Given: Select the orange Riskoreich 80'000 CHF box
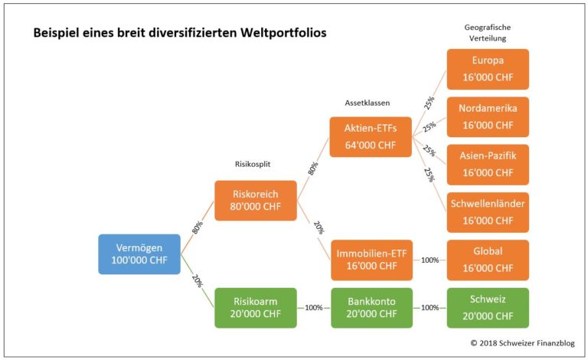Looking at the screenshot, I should click(255, 201).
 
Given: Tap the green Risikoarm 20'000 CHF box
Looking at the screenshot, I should click(255, 307).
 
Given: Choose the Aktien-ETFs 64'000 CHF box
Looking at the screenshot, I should click(371, 136).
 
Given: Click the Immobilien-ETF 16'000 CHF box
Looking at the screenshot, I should click(371, 260).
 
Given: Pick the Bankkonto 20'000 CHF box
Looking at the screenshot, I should click(371, 307).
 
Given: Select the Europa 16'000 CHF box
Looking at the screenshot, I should click(488, 69).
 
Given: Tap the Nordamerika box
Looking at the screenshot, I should click(488, 116).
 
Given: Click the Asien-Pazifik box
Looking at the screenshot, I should click(488, 165).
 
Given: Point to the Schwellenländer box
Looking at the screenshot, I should click(488, 212).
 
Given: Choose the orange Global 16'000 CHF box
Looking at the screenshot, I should click(488, 260).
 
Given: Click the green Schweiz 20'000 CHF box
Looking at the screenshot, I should click(488, 307).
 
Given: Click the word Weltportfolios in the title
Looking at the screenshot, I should click(280, 34).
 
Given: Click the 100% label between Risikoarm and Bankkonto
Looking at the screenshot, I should click(314, 308).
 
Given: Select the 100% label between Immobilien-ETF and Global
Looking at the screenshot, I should click(430, 260).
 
